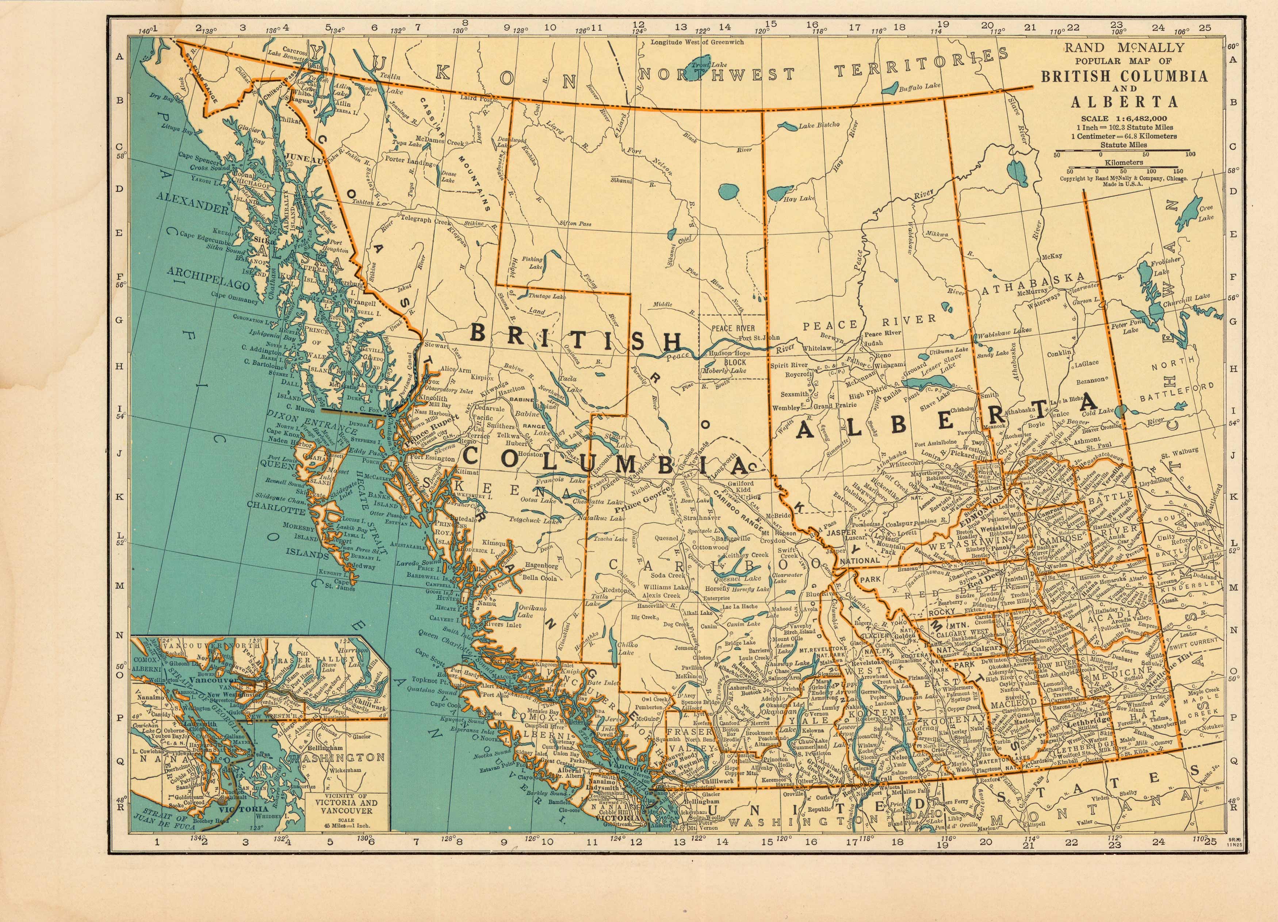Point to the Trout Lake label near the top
tap(702, 66)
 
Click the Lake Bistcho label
tap(819, 125)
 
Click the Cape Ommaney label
tap(235, 294)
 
